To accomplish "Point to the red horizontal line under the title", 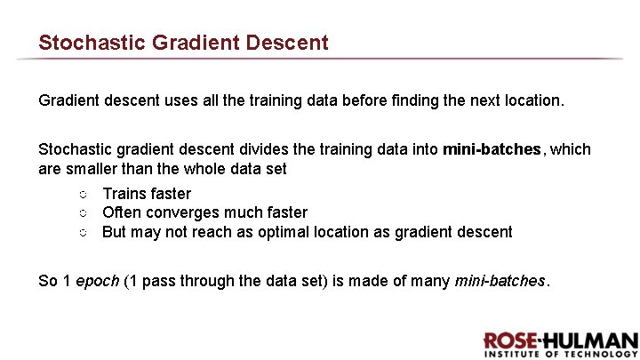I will (x=320, y=60).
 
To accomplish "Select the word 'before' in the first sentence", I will (x=362, y=101).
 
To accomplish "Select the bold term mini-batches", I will (x=491, y=149).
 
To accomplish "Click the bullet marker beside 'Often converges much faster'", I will (x=81, y=213).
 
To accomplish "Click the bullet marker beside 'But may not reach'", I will (x=81, y=233).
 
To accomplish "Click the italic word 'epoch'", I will (x=98, y=282).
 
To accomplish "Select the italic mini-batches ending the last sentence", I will (x=500, y=282).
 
